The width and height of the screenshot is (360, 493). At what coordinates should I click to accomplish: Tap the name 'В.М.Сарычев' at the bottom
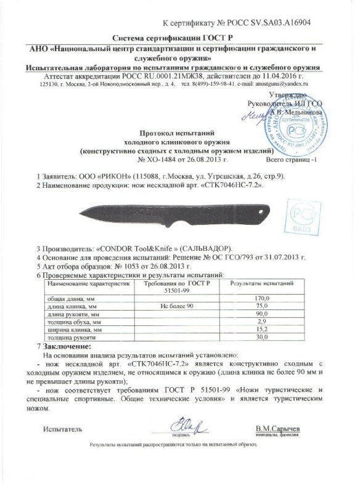click(278, 427)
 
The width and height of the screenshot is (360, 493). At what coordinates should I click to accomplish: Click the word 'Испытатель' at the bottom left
click(62, 428)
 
